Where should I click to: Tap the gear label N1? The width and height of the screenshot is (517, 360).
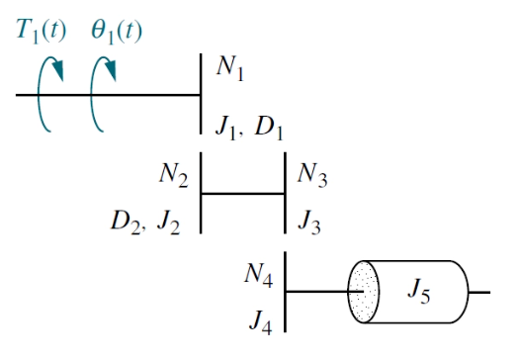(230, 69)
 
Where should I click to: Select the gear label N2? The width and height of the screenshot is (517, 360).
(173, 175)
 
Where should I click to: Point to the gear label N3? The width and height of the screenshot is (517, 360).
(311, 177)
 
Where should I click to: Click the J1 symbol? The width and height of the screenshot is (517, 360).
(223, 126)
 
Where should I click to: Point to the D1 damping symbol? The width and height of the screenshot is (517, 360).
(269, 126)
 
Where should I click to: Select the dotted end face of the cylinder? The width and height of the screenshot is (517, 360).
(363, 292)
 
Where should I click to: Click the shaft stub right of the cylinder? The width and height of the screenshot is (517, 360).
(480, 293)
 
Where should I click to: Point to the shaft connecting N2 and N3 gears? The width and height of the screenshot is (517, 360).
(243, 194)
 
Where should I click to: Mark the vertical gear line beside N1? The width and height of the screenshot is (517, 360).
(202, 94)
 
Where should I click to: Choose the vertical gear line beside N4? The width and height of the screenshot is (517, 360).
(286, 293)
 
